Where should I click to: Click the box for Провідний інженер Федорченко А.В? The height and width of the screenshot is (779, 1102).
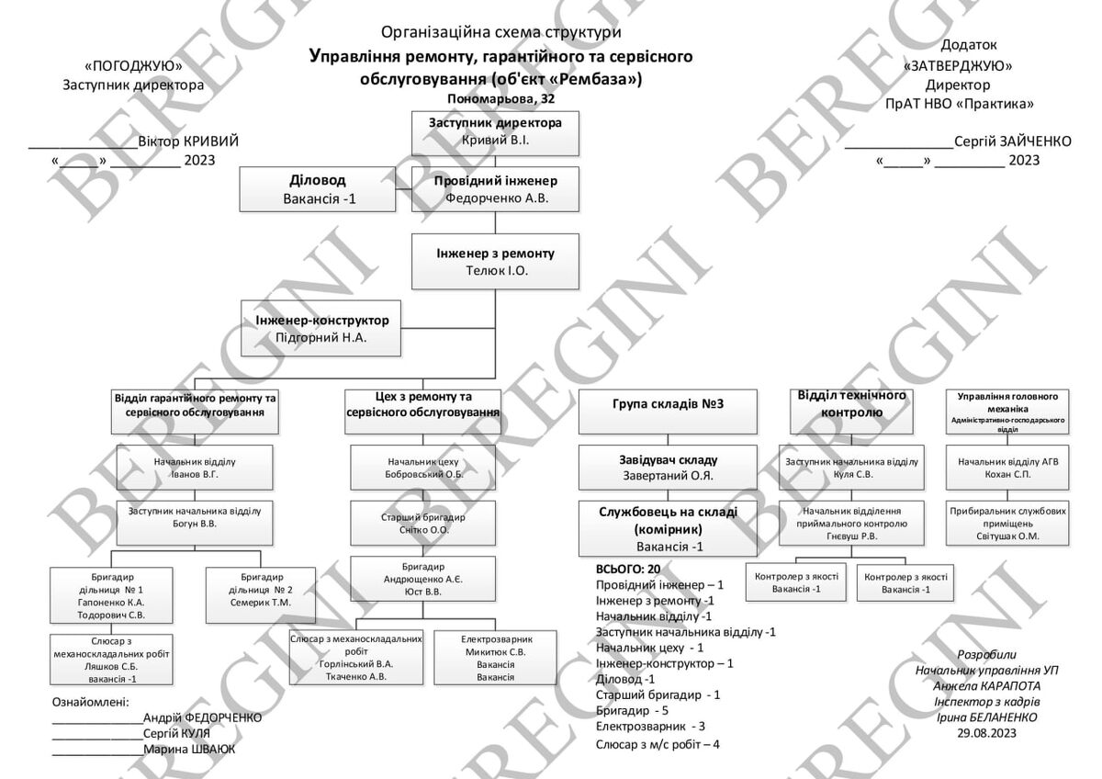496,189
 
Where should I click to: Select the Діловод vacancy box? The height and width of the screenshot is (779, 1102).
319,190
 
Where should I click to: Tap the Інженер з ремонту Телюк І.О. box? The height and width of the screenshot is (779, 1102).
496,262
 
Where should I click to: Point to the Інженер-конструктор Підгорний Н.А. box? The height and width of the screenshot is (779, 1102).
323,328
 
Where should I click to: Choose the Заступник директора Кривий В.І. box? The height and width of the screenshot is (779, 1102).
496,132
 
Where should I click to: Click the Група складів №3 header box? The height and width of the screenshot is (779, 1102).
669,412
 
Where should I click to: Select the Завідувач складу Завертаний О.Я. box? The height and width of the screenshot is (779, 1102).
669,468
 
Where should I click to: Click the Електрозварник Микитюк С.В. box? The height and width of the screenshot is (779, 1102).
496,657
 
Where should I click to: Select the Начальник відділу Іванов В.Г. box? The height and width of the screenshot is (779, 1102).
196,468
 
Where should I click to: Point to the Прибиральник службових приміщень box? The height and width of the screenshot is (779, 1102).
1007,523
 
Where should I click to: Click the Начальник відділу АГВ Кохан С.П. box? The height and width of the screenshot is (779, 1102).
1007,468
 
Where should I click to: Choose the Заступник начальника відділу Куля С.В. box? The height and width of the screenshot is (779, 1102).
851,468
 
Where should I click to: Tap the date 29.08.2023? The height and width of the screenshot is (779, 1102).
986,732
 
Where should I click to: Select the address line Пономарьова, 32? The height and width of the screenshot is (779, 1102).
500,98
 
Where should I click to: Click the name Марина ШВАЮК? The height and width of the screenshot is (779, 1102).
189,749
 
